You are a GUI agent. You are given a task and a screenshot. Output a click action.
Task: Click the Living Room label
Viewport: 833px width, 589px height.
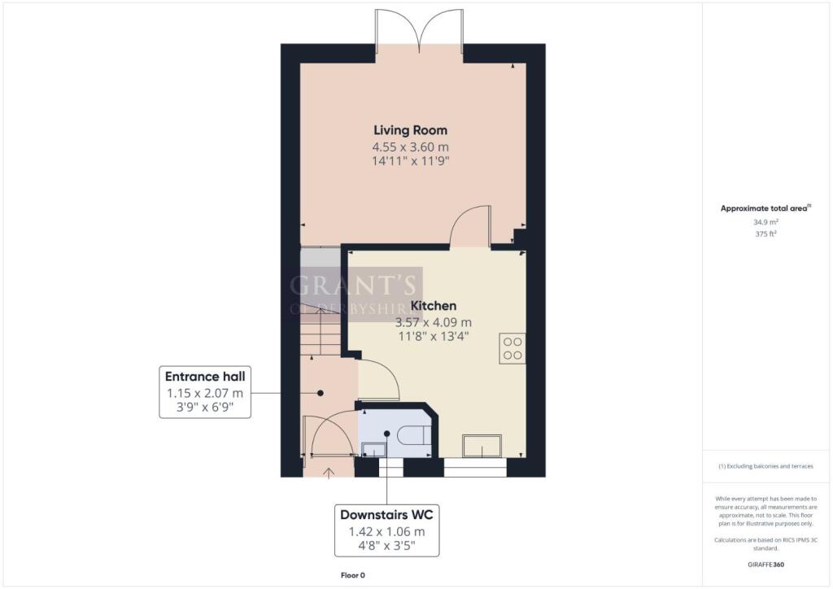click(x=410, y=130)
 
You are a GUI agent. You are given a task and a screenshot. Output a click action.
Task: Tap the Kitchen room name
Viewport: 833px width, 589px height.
click(x=433, y=306)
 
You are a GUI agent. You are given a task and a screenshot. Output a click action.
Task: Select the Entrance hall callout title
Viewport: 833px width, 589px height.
click(x=205, y=377)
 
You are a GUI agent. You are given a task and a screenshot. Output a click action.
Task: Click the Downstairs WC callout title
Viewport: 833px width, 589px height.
click(x=386, y=515)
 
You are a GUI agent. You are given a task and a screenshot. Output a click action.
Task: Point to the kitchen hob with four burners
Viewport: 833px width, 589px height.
click(x=512, y=347)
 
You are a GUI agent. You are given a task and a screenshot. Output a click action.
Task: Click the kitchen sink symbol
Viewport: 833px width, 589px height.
click(x=482, y=447)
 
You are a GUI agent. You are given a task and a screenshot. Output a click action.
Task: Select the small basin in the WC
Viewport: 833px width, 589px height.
click(x=373, y=448)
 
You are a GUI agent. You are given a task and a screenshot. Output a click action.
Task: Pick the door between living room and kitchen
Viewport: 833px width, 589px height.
click(x=470, y=225)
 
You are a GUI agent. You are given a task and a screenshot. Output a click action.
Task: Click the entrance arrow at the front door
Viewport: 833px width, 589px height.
click(x=329, y=471)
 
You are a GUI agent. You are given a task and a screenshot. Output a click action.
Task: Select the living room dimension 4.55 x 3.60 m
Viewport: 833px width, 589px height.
click(x=410, y=147)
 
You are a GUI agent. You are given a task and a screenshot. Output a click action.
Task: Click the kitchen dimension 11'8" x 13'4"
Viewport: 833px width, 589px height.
click(x=433, y=337)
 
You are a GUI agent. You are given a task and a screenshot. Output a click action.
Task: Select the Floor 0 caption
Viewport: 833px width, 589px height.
click(x=352, y=576)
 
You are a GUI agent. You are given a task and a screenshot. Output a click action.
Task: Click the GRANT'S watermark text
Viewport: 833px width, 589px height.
click(x=355, y=286)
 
